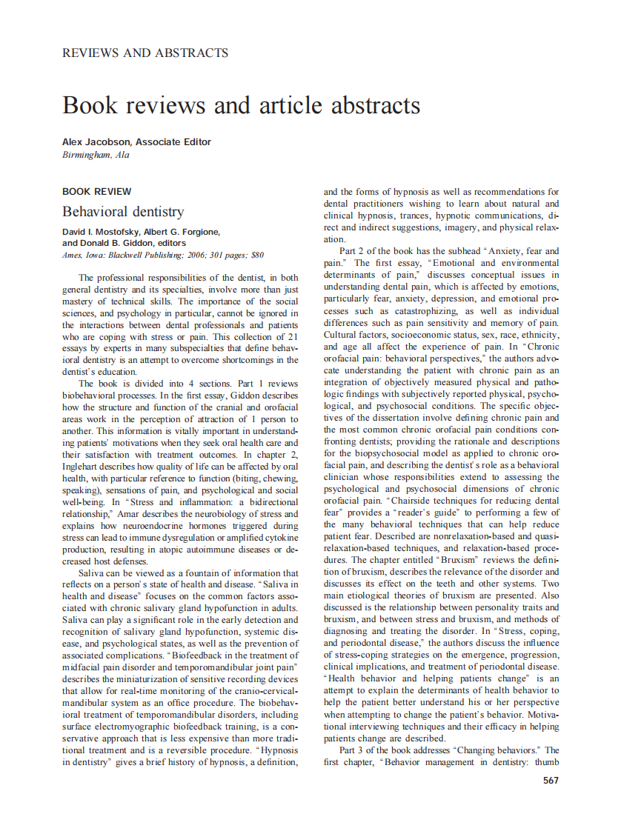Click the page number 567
click(550, 780)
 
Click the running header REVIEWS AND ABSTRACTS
click(145, 53)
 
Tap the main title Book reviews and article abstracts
click(242, 104)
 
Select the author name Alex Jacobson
click(98, 142)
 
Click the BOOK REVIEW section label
click(97, 191)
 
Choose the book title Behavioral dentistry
click(123, 211)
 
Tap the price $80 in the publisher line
click(256, 255)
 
